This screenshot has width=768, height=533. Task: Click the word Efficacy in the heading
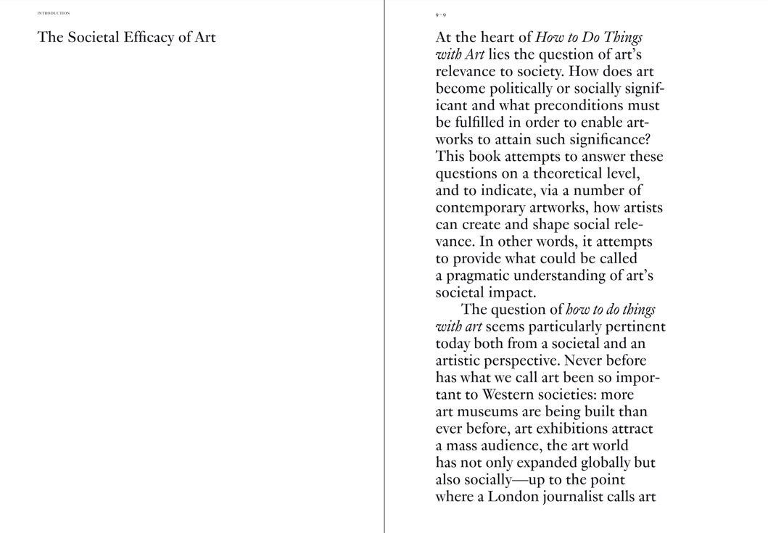(x=148, y=38)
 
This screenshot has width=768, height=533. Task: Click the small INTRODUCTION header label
(x=54, y=13)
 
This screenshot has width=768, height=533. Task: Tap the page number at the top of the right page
(x=441, y=14)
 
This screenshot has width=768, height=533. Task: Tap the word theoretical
(x=569, y=174)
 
